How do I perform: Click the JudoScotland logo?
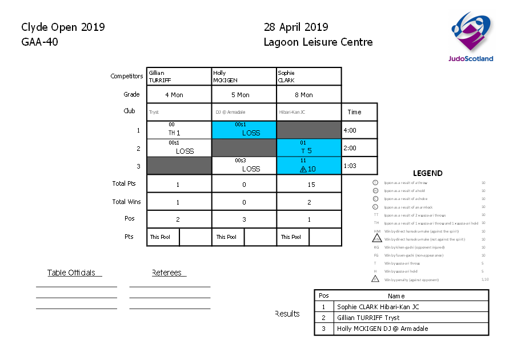[x=472, y=37]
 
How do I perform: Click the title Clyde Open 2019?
[x=63, y=27]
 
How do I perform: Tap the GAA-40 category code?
[x=39, y=42]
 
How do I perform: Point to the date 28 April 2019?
[x=296, y=27]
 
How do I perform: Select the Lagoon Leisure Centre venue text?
[x=318, y=42]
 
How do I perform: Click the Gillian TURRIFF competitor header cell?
[x=179, y=77]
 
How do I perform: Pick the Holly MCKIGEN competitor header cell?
[x=244, y=77]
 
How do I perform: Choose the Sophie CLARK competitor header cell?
[x=308, y=77]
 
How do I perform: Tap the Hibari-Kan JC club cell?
[x=308, y=112]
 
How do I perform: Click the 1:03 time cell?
[x=359, y=165]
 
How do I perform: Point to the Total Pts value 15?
[x=309, y=185]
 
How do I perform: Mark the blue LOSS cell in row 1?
[x=244, y=130]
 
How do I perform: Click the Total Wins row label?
[x=127, y=202]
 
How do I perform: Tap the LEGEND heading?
[x=427, y=173]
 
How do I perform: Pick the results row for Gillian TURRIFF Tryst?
[x=402, y=318]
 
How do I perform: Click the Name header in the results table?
[x=396, y=296]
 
